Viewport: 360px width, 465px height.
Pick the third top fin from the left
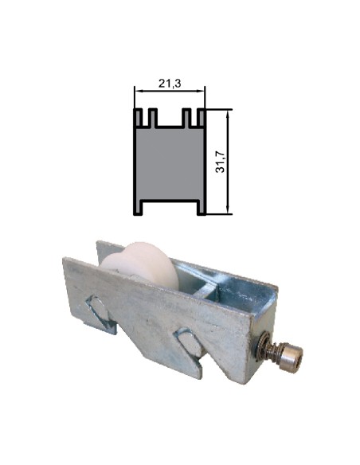coord(187,118)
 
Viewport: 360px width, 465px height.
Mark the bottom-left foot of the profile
coord(137,209)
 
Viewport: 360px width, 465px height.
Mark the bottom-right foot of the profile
coord(202,209)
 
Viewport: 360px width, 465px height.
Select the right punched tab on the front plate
coord(190,345)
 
